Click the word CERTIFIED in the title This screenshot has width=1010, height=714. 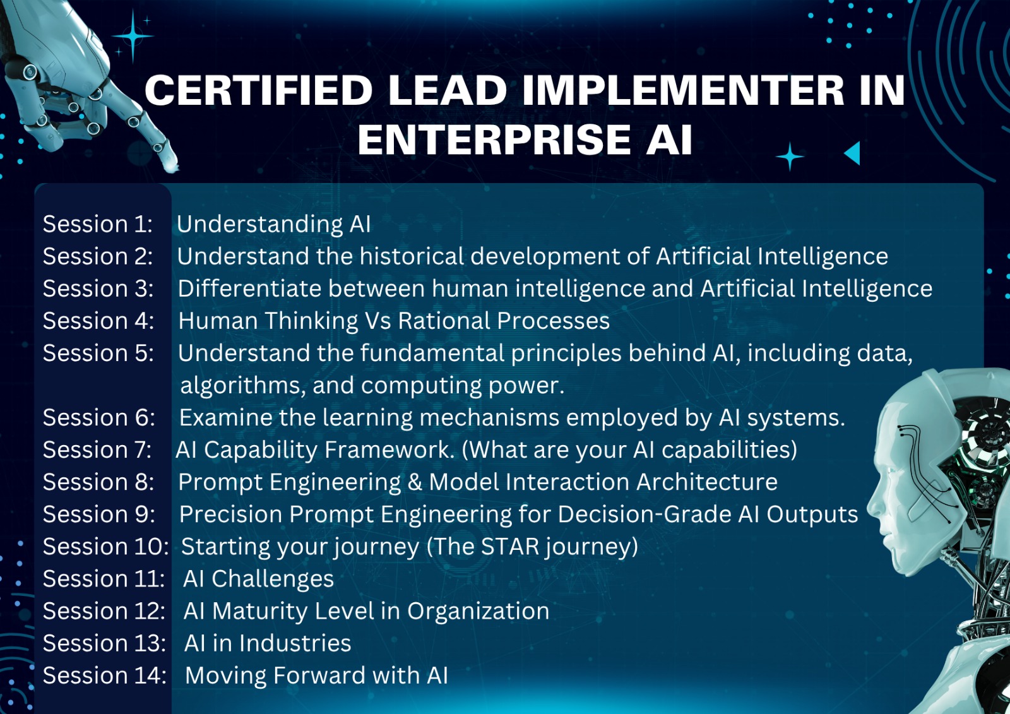coord(258,90)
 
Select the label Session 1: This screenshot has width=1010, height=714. coord(98,223)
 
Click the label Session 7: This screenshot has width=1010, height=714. coord(97,449)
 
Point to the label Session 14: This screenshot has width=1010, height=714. coord(105,675)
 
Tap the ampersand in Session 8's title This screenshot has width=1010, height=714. coord(414,482)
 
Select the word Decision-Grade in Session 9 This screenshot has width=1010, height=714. coord(645,514)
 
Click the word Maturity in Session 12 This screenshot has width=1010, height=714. coord(259,612)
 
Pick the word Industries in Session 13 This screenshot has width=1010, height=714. coord(295,643)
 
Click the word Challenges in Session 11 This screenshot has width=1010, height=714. coord(273,579)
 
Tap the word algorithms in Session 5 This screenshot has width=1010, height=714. coord(242,386)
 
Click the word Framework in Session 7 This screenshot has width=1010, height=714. coord(389,450)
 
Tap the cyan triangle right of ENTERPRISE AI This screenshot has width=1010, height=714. coord(852,153)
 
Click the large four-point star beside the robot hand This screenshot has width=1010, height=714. coord(133,36)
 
